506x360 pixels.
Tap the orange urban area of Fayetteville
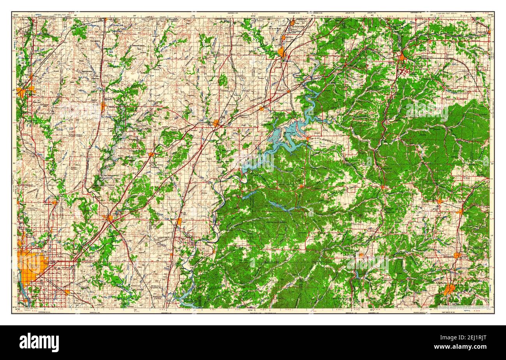(449, 289)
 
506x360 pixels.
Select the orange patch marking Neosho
(402, 58)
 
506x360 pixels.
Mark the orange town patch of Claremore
(108, 218)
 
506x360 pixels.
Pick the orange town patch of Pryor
(179, 222)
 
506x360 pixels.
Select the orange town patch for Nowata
(103, 106)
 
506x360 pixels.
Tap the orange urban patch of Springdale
(457, 256)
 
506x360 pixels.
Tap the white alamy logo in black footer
(39, 342)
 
